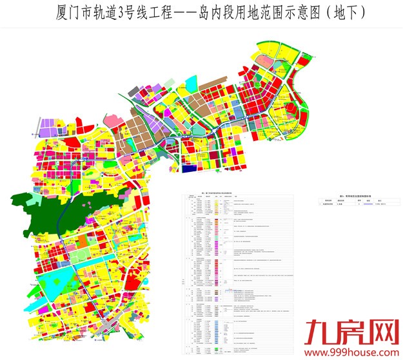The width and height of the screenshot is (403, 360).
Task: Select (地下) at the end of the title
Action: (341, 12)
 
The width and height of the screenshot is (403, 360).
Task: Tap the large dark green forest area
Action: (52, 219)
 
